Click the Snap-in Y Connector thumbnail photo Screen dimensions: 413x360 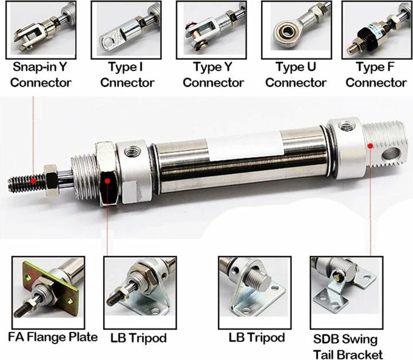(x=41, y=30)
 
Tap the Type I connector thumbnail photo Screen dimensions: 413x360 (x=126, y=30)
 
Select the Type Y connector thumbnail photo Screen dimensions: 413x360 (x=212, y=30)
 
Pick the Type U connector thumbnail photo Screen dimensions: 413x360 (x=297, y=30)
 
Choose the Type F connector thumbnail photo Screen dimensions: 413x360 (x=377, y=30)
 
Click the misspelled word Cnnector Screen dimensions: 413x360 (x=127, y=83)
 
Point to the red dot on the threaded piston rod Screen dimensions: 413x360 (x=33, y=181)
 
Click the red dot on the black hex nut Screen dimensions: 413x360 (x=107, y=181)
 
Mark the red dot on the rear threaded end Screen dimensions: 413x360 (x=371, y=146)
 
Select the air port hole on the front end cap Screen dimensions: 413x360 (x=130, y=152)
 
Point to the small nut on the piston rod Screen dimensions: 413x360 (x=51, y=181)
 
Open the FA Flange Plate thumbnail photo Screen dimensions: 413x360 (x=48, y=292)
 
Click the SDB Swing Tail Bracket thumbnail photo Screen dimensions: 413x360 (x=346, y=292)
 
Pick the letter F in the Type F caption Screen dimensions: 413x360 (x=391, y=67)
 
